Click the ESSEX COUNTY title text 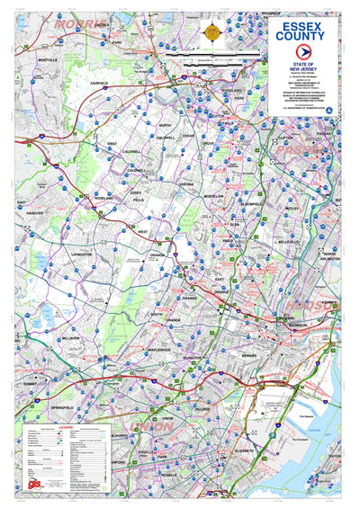(305, 32)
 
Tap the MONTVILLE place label (47, 59)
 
